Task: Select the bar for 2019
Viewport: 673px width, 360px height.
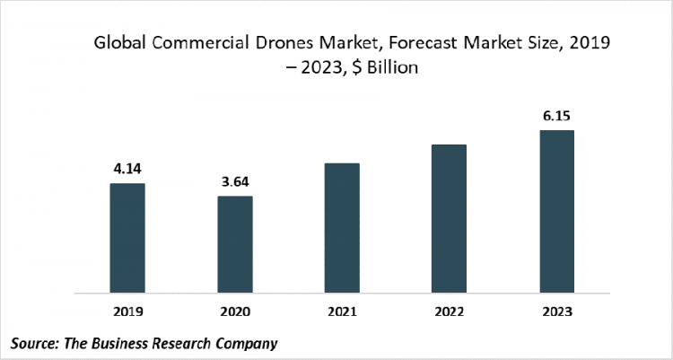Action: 127,238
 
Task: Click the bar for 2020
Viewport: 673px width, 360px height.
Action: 234,244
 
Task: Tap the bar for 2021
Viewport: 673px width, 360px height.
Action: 342,228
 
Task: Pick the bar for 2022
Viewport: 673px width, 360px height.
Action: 449,218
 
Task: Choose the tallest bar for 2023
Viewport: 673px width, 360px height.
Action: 556,211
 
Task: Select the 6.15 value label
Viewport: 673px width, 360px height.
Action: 556,114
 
